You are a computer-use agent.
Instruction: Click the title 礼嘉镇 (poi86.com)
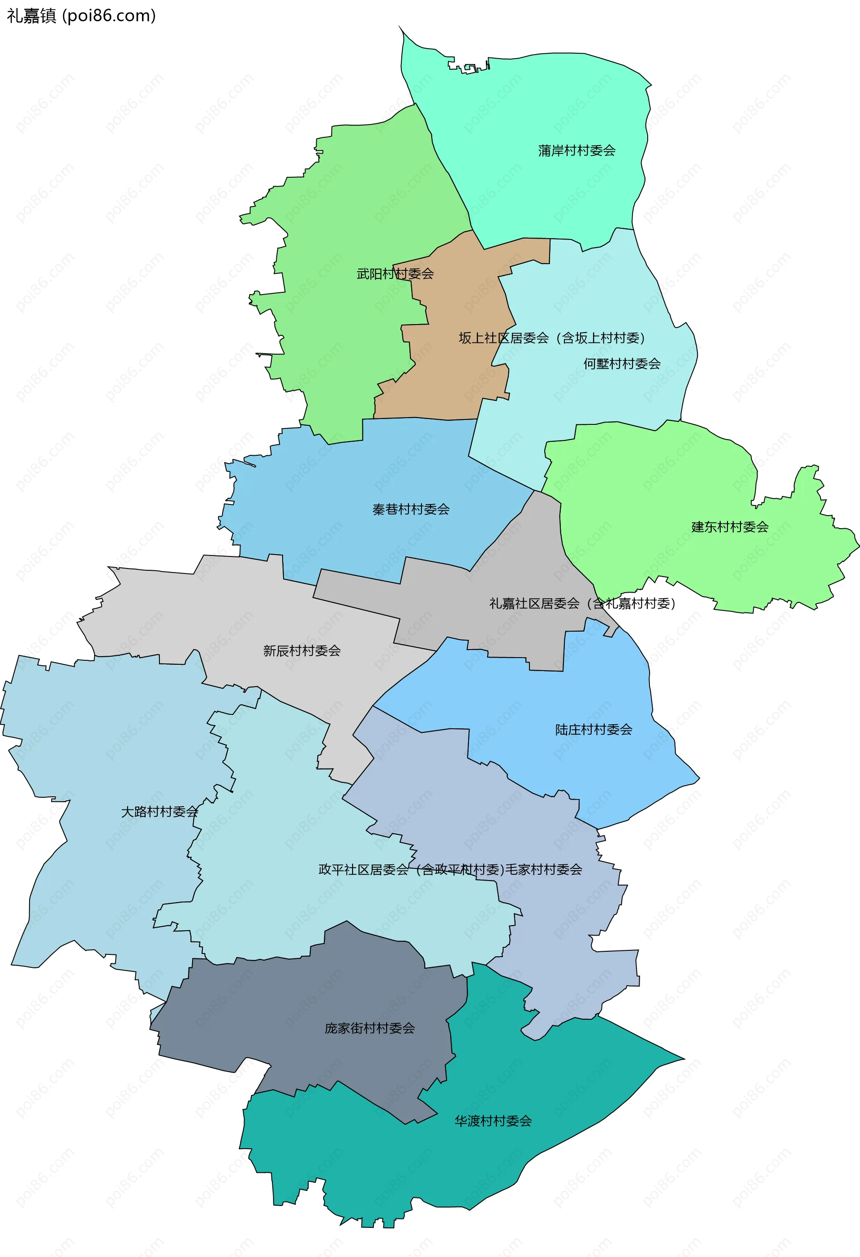(x=81, y=16)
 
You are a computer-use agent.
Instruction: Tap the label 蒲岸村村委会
(x=576, y=151)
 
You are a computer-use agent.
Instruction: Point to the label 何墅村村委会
(x=622, y=364)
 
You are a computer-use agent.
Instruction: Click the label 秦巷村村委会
(x=411, y=509)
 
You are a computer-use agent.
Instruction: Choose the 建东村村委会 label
(x=730, y=527)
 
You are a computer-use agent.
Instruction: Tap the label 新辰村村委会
(x=302, y=651)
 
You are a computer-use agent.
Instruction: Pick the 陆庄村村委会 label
(x=594, y=730)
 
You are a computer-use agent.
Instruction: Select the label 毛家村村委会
(x=543, y=870)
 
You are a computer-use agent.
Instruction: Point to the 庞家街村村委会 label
(x=370, y=1028)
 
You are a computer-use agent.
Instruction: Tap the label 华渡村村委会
(x=493, y=1121)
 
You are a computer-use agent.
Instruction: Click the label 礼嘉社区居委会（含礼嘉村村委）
(x=582, y=603)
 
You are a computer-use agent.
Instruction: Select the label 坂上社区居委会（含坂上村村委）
(x=552, y=338)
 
